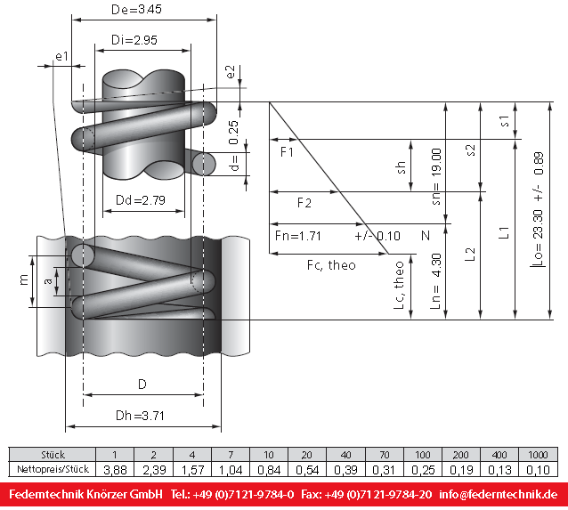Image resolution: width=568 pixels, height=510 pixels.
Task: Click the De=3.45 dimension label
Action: tap(136, 10)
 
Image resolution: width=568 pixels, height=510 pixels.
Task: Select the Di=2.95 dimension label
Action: tap(134, 40)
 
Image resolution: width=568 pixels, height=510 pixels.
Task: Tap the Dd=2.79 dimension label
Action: tap(141, 200)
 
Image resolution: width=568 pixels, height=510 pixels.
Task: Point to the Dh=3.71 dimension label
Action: tap(140, 416)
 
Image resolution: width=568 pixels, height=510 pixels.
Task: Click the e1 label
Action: tap(62, 56)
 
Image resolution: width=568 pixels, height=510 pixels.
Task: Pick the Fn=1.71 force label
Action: tap(298, 236)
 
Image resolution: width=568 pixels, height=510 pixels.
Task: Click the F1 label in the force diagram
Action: tap(287, 152)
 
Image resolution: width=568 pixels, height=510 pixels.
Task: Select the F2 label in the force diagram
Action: tap(304, 203)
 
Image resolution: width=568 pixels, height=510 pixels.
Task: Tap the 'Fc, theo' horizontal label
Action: tap(331, 265)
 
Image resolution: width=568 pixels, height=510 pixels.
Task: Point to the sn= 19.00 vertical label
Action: tap(436, 177)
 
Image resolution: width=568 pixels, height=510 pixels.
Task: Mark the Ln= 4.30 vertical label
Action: tap(435, 281)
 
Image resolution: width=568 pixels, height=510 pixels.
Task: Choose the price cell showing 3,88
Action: tap(115, 470)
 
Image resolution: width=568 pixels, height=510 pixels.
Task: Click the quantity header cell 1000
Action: tap(538, 455)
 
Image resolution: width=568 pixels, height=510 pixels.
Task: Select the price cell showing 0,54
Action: tap(307, 470)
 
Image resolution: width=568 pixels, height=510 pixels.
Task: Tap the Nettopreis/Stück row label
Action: tap(53, 469)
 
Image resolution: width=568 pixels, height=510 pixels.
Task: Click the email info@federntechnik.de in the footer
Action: tap(498, 495)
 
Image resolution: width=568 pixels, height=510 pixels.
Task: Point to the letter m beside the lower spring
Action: tap(24, 280)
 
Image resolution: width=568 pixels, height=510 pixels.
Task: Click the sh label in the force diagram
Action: tap(401, 167)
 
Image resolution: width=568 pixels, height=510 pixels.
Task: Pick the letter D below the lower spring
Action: tap(142, 384)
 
